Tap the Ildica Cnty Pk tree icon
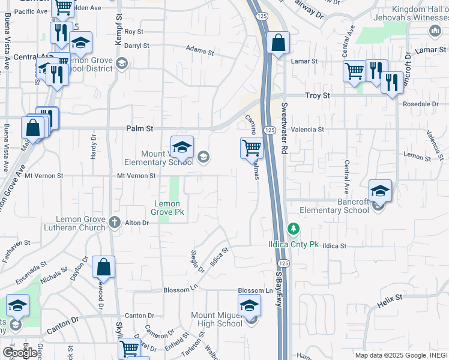pos(293,229)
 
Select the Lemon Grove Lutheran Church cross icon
pos(115,223)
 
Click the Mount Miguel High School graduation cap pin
pos(249,306)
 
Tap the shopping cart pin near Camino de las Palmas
pos(252,148)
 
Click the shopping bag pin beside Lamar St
pos(278,43)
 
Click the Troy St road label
pos(318,95)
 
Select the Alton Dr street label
pos(137,223)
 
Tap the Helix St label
pos(390,301)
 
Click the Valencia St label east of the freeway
pos(307,129)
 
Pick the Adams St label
pos(200,50)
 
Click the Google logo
pos(20,352)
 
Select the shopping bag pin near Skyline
pos(103,268)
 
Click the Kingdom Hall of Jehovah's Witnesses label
pos(420,13)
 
